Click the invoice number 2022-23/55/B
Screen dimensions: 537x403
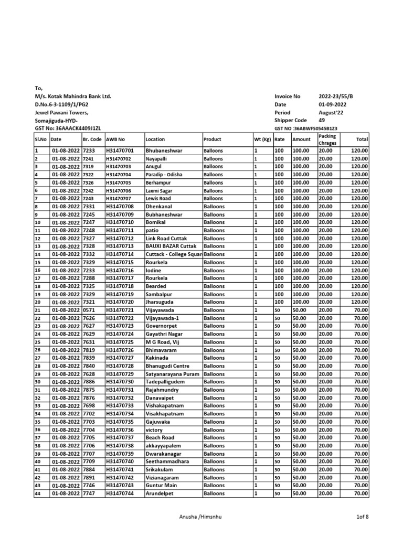tap(336, 96)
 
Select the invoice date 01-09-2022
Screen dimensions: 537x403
tap(332, 104)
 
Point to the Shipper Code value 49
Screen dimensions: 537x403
tap(322, 120)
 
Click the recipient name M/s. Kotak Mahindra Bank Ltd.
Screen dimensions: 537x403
tap(73, 96)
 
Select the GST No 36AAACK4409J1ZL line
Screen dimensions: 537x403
tap(68, 128)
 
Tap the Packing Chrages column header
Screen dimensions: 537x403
tap(327, 139)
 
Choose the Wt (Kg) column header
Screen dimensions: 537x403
tap(262, 139)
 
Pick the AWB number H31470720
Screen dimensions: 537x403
tap(120, 302)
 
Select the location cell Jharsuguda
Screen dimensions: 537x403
tap(160, 302)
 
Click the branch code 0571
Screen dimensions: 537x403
tap(89, 310)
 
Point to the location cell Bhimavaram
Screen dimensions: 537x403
tap(161, 350)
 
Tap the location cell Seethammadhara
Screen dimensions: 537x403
tap(167, 461)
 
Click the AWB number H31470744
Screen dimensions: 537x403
tap(120, 493)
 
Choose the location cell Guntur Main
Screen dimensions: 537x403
tap(162, 486)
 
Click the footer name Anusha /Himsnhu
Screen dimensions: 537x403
tap(201, 517)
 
